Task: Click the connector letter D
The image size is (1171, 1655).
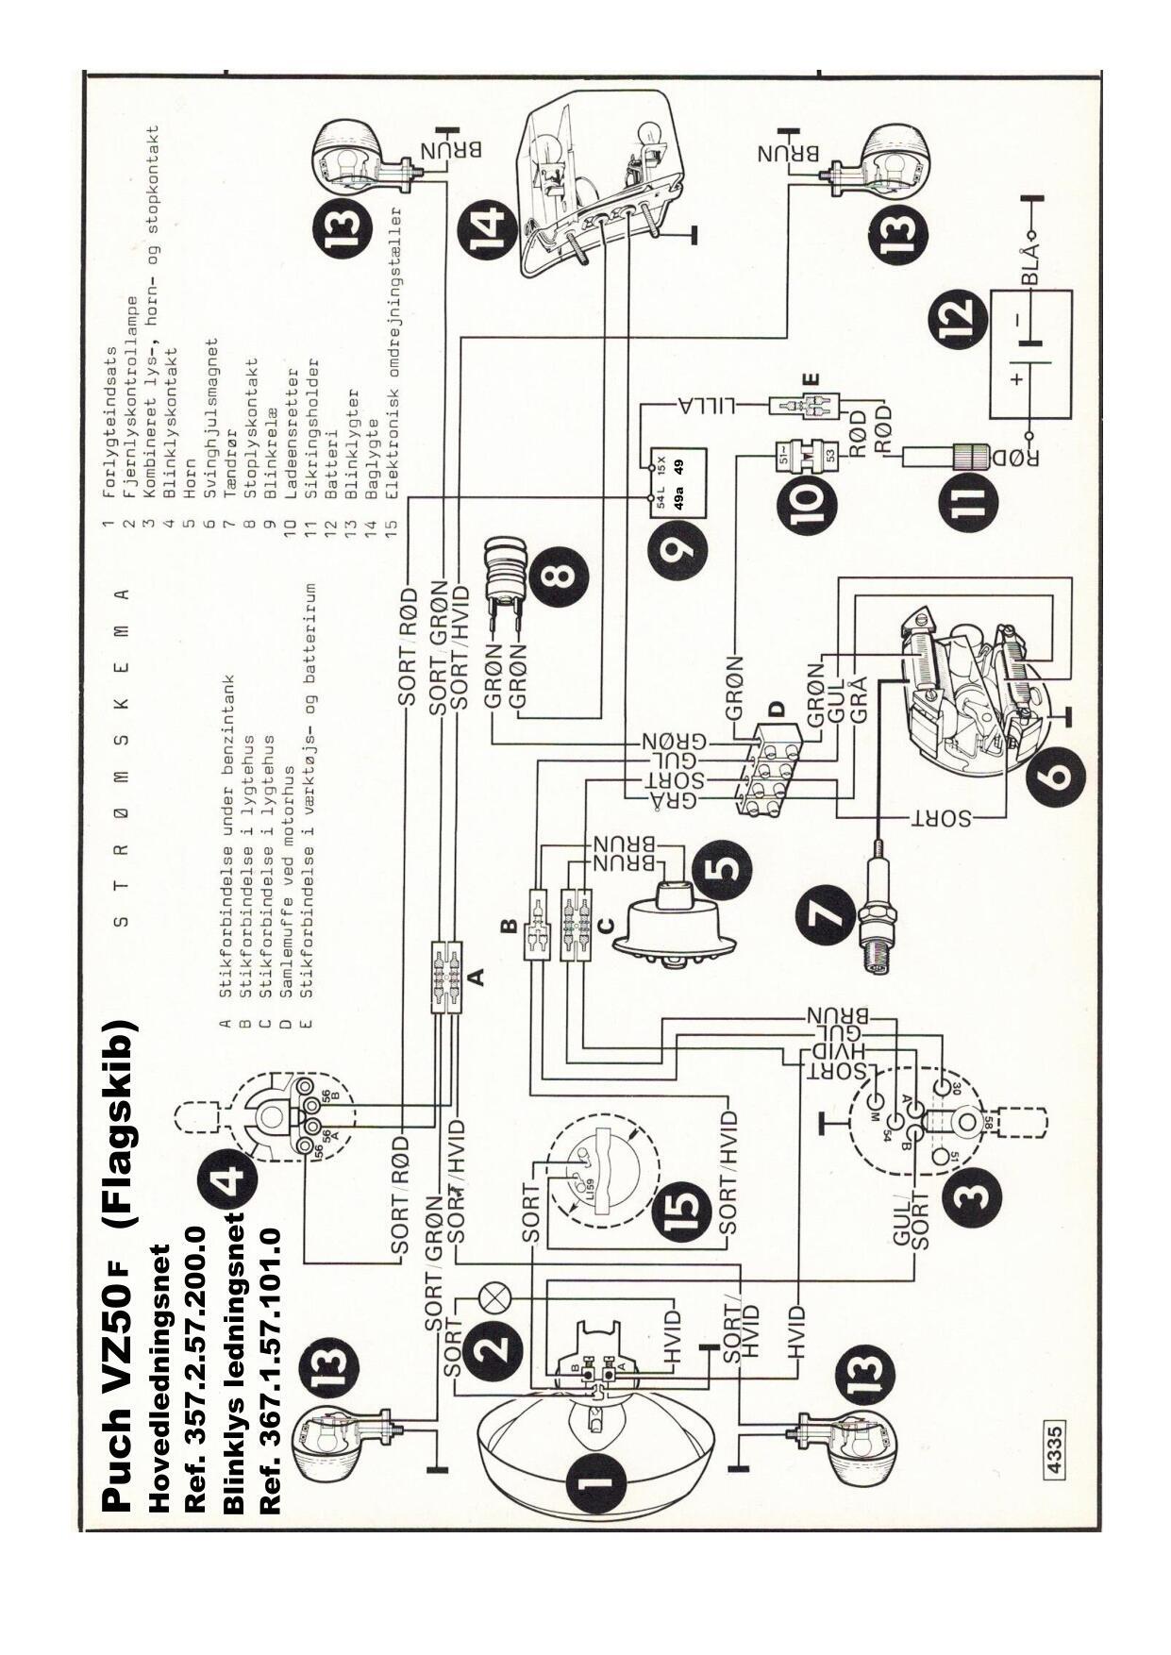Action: pyautogui.click(x=776, y=708)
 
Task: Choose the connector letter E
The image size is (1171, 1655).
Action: pyautogui.click(x=813, y=379)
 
